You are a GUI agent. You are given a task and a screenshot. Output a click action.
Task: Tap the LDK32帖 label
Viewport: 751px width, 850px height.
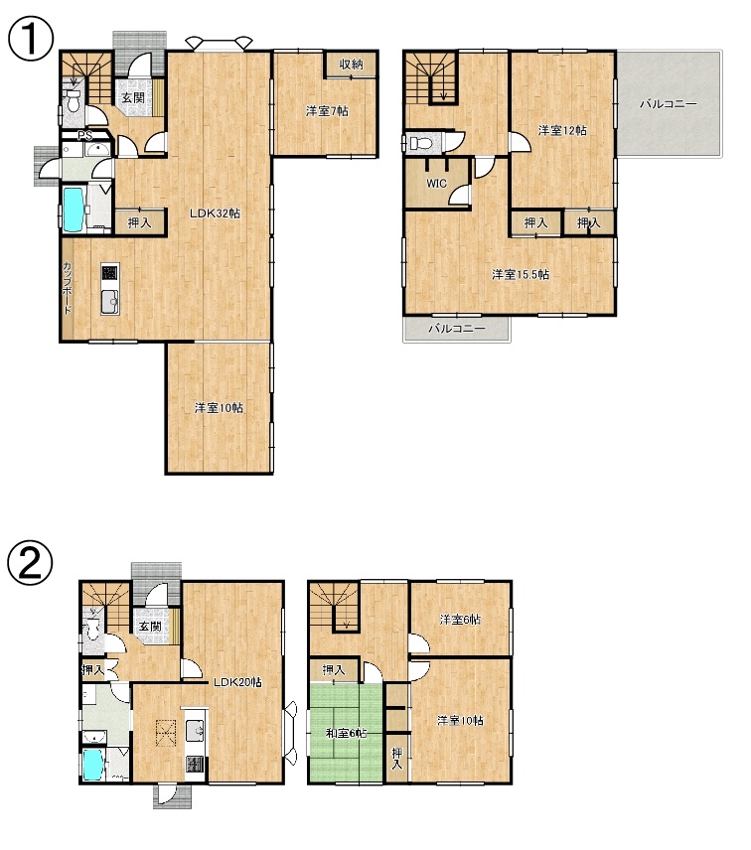point(215,213)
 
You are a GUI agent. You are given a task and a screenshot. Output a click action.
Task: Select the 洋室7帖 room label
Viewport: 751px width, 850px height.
point(327,111)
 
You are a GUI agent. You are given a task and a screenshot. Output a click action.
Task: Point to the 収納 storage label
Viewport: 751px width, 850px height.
point(351,64)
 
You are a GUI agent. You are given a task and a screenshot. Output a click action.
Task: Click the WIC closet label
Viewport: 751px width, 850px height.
point(436,184)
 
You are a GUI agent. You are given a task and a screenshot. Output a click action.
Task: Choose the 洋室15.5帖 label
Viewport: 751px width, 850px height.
point(521,274)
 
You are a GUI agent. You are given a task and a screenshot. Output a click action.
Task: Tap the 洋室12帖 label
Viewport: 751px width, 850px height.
point(562,130)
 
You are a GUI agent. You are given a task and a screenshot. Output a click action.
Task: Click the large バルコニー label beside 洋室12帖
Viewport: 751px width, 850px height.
point(668,103)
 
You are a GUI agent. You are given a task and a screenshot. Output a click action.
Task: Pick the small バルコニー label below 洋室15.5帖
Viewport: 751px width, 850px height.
point(457,329)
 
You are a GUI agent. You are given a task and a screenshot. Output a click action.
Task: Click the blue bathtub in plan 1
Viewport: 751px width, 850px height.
point(73,210)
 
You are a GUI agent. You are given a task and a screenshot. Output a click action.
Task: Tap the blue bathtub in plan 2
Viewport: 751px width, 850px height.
point(92,765)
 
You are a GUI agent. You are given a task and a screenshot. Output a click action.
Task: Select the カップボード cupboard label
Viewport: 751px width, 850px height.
point(67,288)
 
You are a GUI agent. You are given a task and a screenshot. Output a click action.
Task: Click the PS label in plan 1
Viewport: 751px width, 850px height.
point(84,135)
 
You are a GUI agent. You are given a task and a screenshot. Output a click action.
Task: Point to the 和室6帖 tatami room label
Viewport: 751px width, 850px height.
point(346,734)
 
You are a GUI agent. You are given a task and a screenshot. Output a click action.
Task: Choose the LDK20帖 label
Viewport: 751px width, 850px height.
point(237,682)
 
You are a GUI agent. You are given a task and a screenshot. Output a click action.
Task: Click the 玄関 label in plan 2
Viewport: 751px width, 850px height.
point(150,627)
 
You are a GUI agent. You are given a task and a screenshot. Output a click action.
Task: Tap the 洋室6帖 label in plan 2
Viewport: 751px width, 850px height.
point(460,619)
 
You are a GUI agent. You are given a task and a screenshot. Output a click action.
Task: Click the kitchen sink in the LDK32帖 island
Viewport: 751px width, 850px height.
point(109,302)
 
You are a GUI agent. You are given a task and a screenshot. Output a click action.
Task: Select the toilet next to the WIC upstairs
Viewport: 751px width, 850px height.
point(422,144)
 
